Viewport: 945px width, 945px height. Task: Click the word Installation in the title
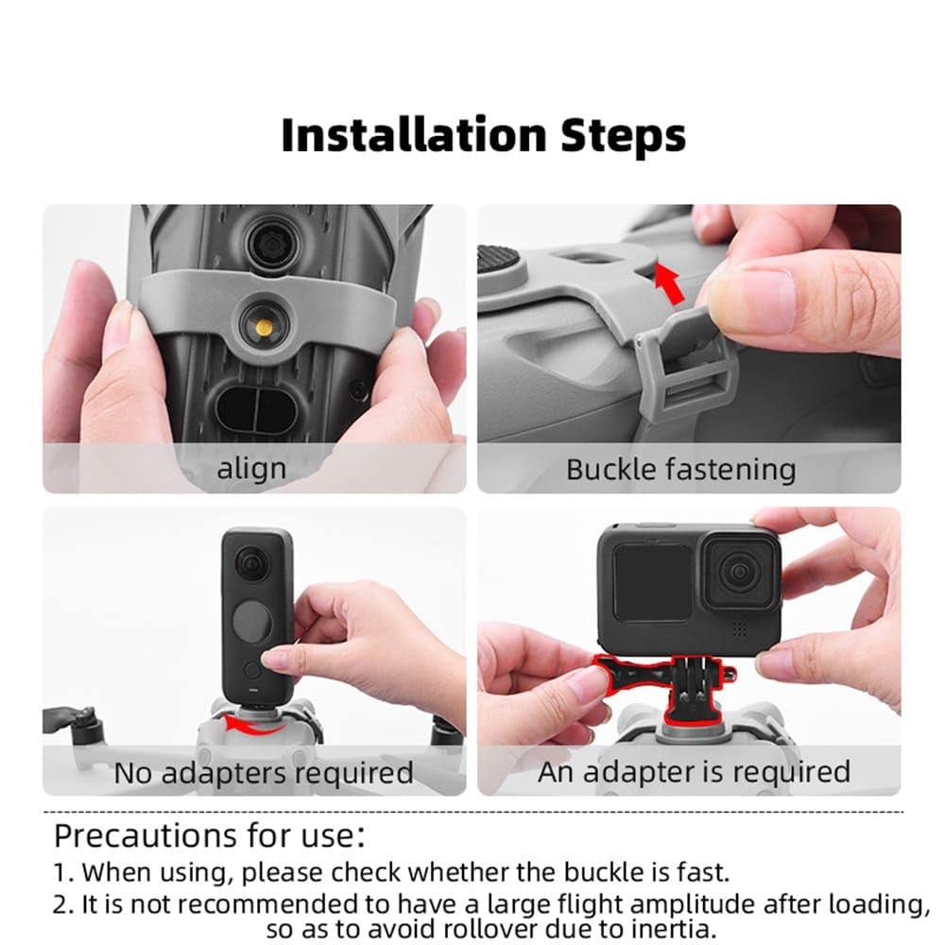[415, 135]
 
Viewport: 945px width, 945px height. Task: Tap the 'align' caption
[251, 469]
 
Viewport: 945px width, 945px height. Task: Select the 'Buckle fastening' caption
[681, 470]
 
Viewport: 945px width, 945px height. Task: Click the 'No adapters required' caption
[264, 773]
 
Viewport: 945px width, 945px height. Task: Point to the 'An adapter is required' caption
[695, 772]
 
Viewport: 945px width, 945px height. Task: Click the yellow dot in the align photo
[264, 327]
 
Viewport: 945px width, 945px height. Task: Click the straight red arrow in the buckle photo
[670, 283]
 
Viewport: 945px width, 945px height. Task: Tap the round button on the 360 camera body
[252, 623]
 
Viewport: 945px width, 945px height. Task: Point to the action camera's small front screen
[651, 583]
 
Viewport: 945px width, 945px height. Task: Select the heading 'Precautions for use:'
[210, 836]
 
